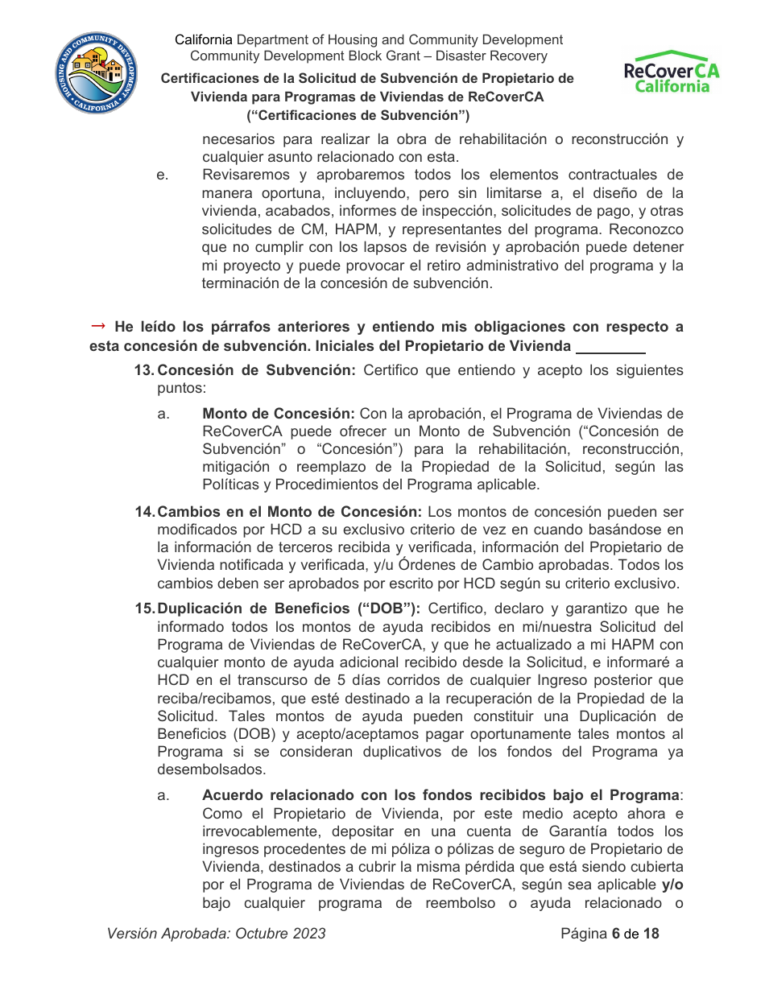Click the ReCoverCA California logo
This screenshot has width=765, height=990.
(672, 73)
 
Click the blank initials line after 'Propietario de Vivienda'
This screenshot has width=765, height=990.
(611, 348)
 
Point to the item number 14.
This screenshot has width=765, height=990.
(143, 512)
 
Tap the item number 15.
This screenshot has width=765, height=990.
(143, 608)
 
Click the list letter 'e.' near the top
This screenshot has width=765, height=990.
(162, 175)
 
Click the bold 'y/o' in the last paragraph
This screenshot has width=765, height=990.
(672, 885)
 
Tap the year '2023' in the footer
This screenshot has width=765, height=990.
(309, 934)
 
